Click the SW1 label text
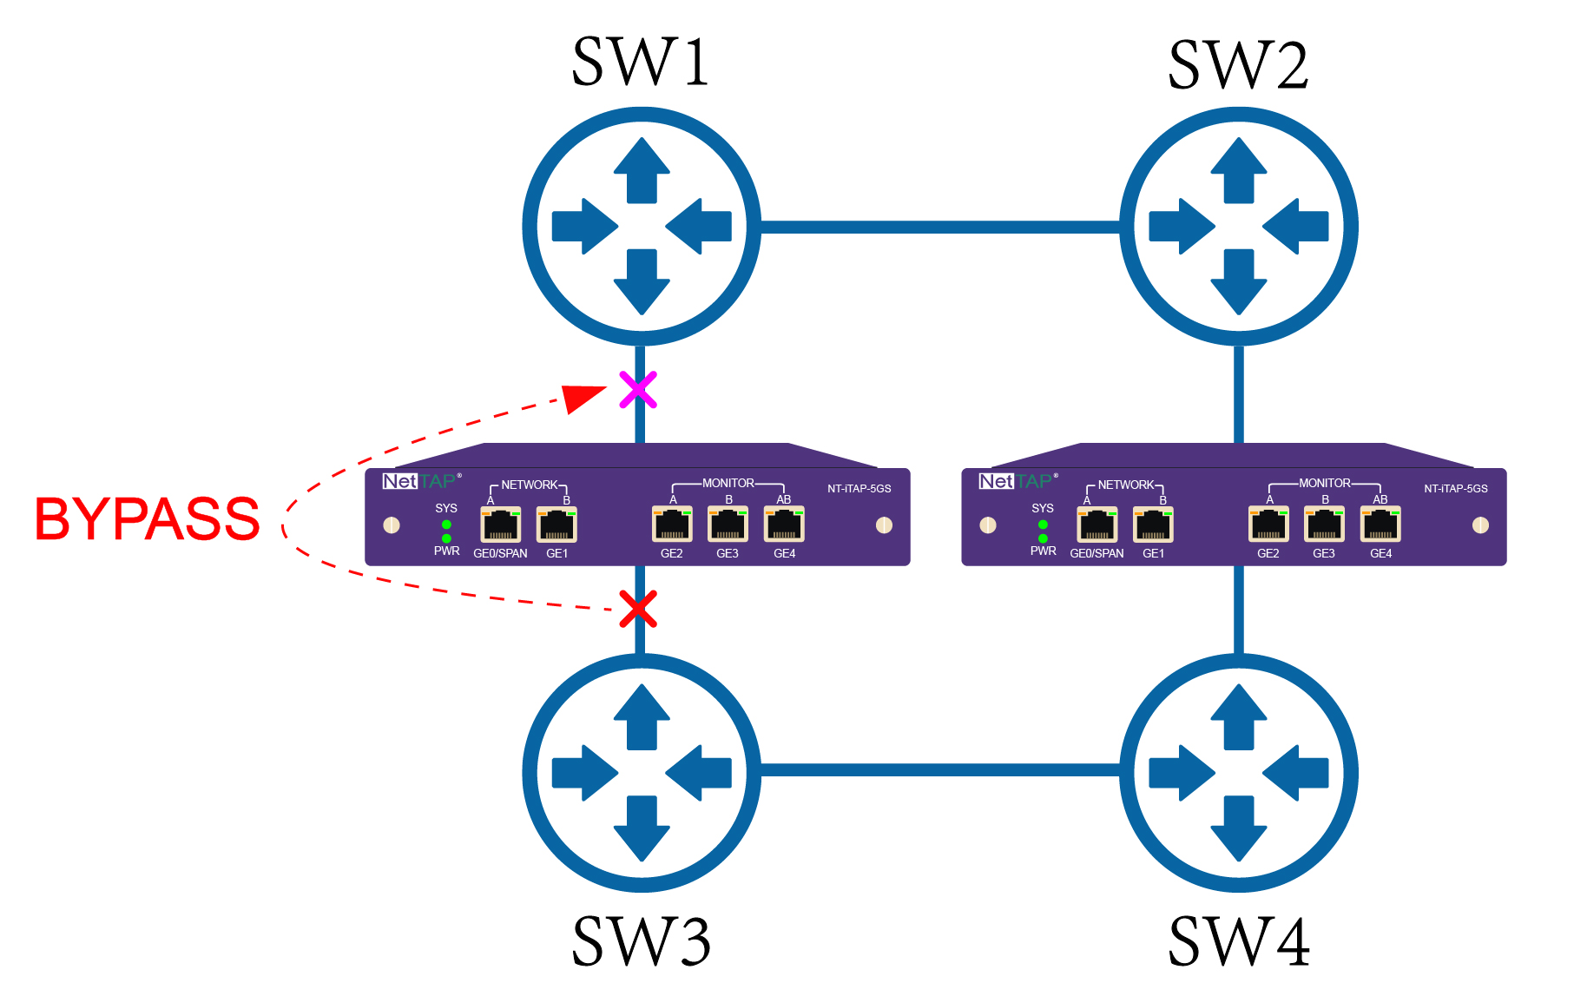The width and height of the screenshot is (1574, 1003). tap(641, 63)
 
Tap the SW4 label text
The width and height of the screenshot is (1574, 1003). tap(1239, 942)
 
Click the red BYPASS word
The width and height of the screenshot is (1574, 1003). tap(147, 519)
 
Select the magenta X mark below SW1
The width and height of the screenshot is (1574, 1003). tap(638, 390)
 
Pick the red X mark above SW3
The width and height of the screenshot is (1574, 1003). tap(638, 609)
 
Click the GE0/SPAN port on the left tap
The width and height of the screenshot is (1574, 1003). tap(501, 525)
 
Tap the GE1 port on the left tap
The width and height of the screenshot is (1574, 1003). tap(556, 525)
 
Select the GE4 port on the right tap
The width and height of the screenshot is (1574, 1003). tap(1380, 525)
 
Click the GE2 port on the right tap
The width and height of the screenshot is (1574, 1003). tap(1268, 525)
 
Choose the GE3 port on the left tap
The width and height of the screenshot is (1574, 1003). tap(728, 525)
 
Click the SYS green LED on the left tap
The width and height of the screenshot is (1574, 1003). tap(446, 525)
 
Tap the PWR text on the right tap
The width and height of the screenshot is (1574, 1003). tap(1043, 551)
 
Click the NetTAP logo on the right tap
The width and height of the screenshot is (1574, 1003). tap(1015, 481)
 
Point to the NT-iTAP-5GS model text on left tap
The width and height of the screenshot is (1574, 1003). tap(859, 489)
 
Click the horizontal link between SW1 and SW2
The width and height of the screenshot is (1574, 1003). tap(940, 228)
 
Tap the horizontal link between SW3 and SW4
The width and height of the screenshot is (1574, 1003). tap(940, 770)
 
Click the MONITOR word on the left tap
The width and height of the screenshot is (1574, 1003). tap(728, 483)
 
